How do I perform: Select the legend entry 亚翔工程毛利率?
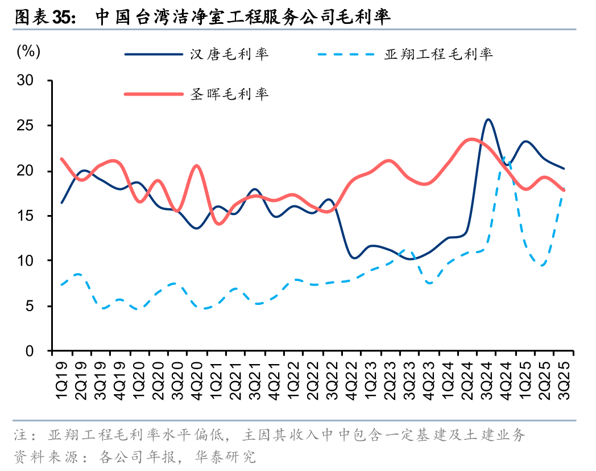[438, 55]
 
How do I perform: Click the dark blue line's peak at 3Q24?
[488, 119]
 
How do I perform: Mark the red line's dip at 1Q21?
[218, 224]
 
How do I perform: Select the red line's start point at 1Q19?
[61, 159]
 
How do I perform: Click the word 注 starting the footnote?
[20, 436]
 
